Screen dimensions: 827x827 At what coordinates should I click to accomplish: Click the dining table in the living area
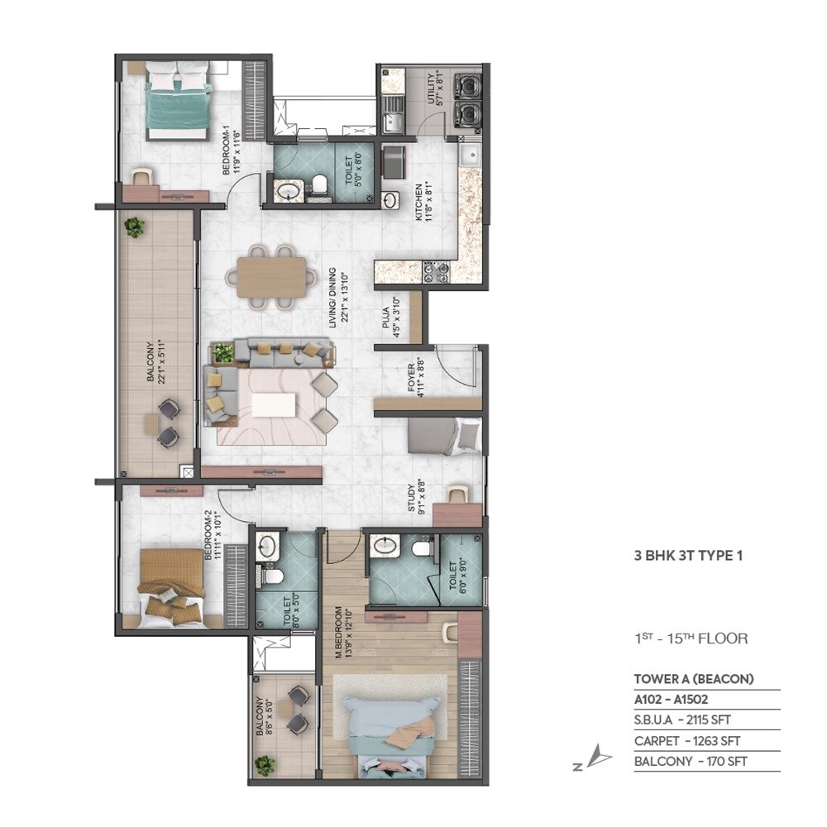(270, 277)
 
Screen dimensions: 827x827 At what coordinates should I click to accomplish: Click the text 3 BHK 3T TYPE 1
(689, 556)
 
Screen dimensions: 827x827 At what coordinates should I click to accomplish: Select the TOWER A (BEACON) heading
(694, 679)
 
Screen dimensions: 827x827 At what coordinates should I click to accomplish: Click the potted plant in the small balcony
(265, 765)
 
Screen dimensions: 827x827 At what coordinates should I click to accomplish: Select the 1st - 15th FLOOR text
(691, 638)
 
